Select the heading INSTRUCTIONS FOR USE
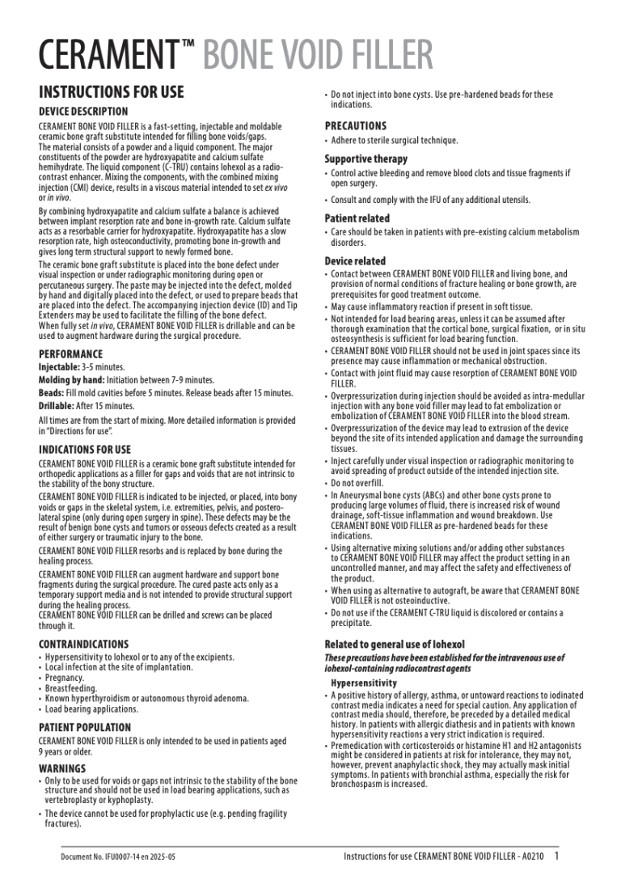[x=112, y=92]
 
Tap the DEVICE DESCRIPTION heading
[x=83, y=111]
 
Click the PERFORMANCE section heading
[x=70, y=354]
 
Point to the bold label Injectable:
[x=59, y=367]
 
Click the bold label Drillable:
[x=58, y=405]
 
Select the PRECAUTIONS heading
[x=356, y=126]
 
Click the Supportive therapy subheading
[x=366, y=159]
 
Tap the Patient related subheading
[x=357, y=218]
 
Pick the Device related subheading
[x=355, y=261]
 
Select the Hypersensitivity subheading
[x=363, y=683]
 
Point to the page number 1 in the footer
[x=556, y=855]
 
